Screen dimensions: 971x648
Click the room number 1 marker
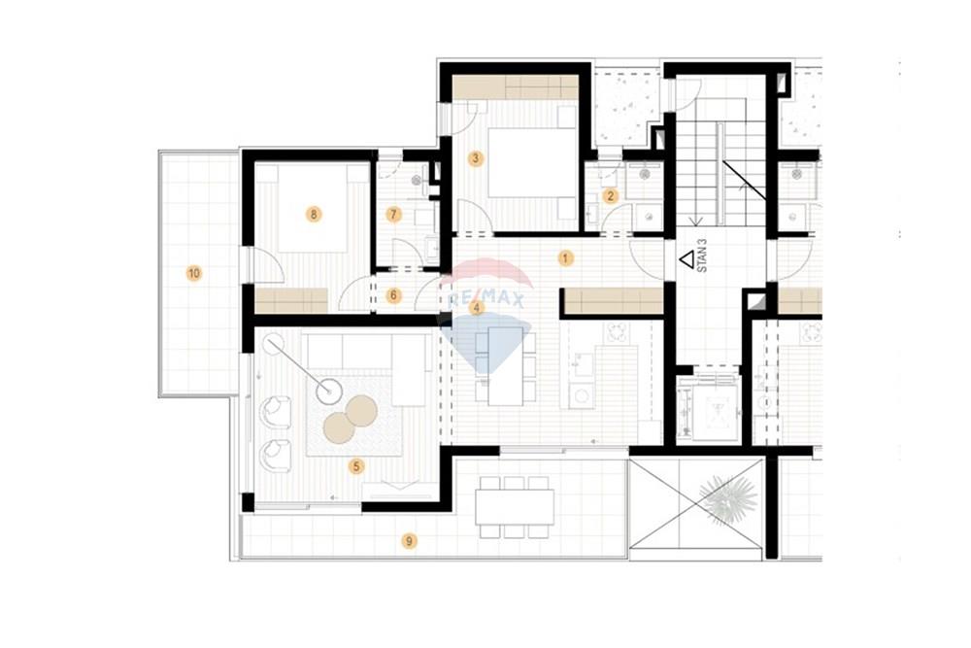click(x=565, y=257)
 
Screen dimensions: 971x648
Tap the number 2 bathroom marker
click(x=611, y=196)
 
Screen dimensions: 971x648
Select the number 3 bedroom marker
click(x=476, y=158)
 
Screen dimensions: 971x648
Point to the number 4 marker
click(x=476, y=307)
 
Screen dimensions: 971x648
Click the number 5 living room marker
click(x=356, y=466)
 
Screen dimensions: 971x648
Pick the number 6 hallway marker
click(x=394, y=295)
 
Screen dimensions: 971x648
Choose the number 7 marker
click(x=394, y=215)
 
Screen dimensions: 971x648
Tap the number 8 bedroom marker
click(x=314, y=215)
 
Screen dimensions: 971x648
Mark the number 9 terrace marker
click(x=409, y=541)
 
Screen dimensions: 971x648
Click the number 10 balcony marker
click(x=194, y=273)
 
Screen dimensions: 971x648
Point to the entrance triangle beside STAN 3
click(x=686, y=259)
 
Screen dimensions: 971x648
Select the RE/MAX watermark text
click(x=485, y=300)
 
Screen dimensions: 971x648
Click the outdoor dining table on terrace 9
click(x=515, y=507)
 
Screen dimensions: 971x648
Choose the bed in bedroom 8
click(x=312, y=209)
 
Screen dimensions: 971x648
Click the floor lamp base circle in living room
click(x=329, y=391)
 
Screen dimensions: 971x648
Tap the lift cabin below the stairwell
click(x=707, y=407)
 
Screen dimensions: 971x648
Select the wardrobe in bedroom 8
click(x=291, y=300)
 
